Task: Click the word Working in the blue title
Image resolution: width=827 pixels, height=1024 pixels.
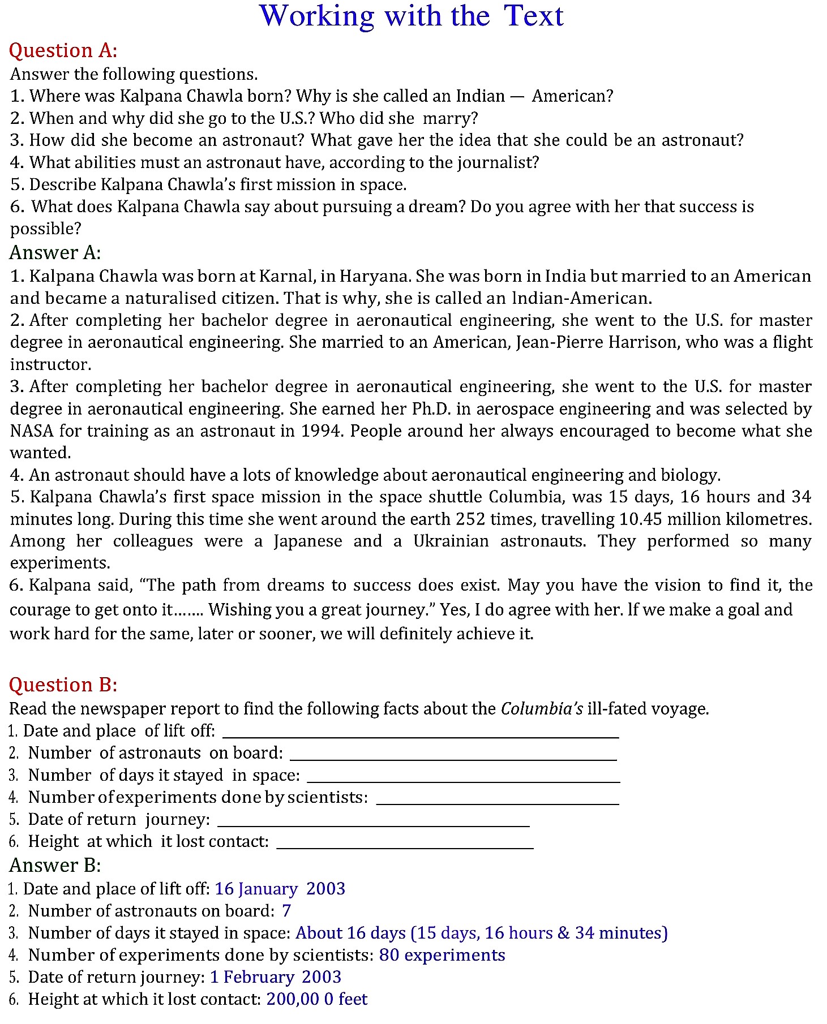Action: tap(317, 16)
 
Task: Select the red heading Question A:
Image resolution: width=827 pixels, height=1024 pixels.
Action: tap(63, 51)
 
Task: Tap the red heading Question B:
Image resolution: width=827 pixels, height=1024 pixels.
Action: tap(63, 685)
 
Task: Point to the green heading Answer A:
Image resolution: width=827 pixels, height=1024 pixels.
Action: tap(55, 252)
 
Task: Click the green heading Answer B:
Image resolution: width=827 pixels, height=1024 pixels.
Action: tap(55, 866)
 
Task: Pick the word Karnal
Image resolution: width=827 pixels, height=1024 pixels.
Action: tap(286, 276)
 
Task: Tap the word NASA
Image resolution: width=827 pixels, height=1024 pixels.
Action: tap(32, 431)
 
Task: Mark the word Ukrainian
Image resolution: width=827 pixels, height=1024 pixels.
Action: tap(451, 541)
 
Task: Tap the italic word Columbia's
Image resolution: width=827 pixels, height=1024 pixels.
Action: tap(542, 709)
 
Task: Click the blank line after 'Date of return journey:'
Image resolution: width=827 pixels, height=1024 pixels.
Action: tap(374, 825)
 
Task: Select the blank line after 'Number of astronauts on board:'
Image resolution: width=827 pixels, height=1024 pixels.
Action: tap(453, 759)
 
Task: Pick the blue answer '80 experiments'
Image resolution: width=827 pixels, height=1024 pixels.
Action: tap(442, 955)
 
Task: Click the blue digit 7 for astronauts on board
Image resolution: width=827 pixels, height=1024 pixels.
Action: tap(286, 911)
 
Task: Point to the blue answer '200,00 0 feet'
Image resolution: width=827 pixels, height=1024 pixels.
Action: tap(317, 999)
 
